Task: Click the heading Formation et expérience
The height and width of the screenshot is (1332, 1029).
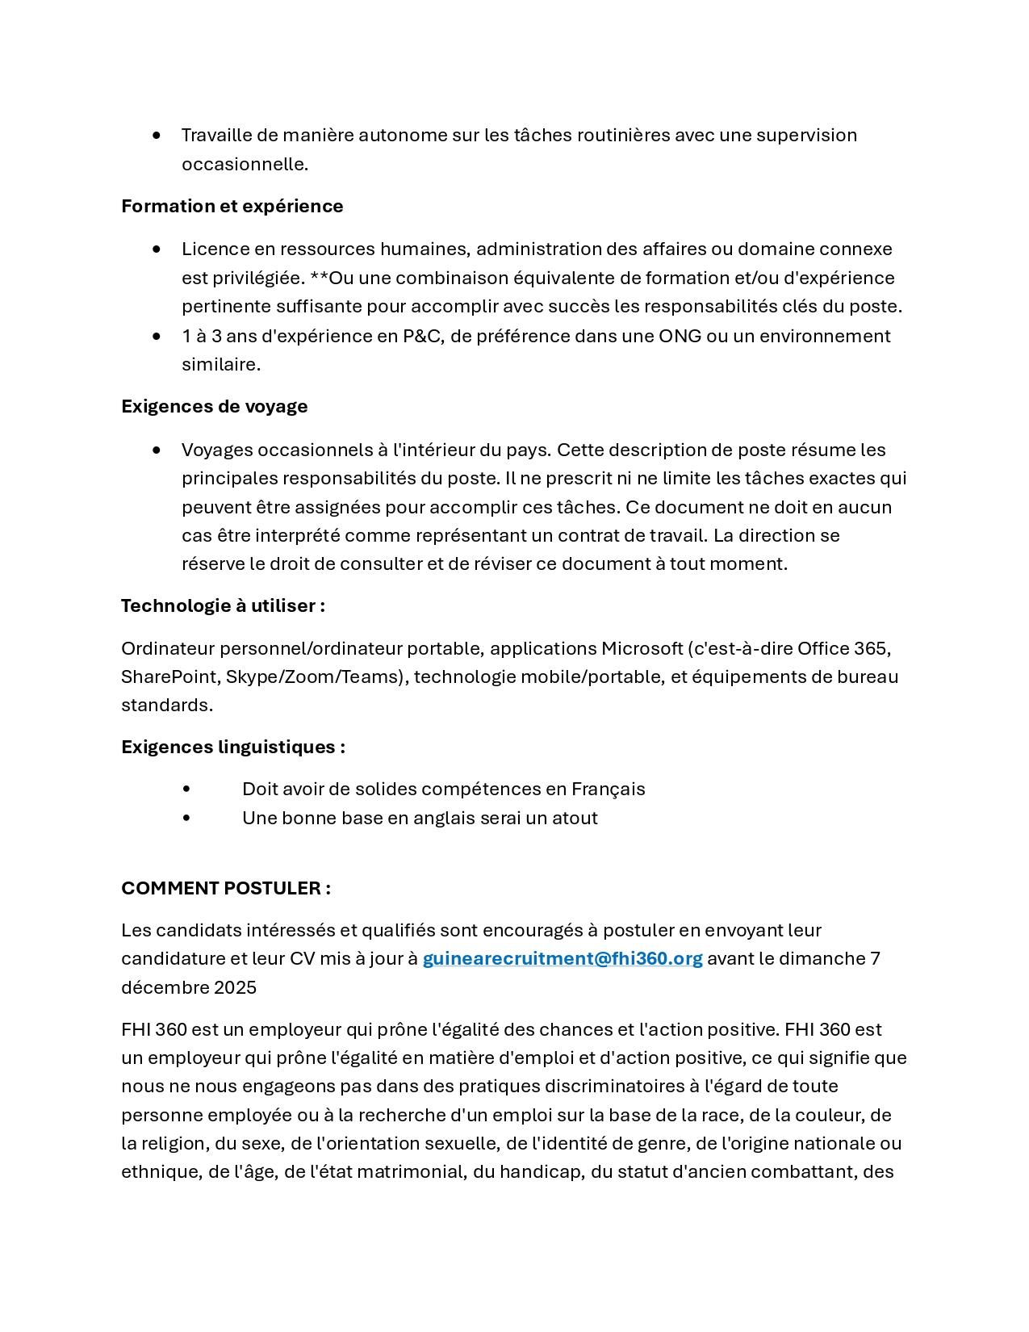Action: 232,207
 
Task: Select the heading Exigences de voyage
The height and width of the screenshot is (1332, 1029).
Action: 214,407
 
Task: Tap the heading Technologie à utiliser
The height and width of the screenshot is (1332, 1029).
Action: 223,606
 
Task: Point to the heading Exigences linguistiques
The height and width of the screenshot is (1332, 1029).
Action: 232,748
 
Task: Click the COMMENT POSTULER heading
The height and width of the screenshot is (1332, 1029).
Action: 225,889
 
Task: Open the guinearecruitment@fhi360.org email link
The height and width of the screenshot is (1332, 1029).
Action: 563,959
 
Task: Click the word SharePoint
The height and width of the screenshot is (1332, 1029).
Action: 169,677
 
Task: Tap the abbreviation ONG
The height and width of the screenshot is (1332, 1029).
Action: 680,337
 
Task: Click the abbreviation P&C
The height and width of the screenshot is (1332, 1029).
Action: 422,337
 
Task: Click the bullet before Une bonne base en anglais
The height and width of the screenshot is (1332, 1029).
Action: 186,819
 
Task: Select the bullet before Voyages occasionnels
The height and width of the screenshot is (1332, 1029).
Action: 156,450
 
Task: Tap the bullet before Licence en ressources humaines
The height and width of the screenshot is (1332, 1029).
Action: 156,249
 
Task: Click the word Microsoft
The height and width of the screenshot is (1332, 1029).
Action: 642,649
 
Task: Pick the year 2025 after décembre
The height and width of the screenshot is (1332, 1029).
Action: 235,988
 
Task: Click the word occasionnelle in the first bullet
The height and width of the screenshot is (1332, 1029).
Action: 244,165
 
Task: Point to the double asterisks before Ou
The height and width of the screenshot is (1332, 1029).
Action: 319,277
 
